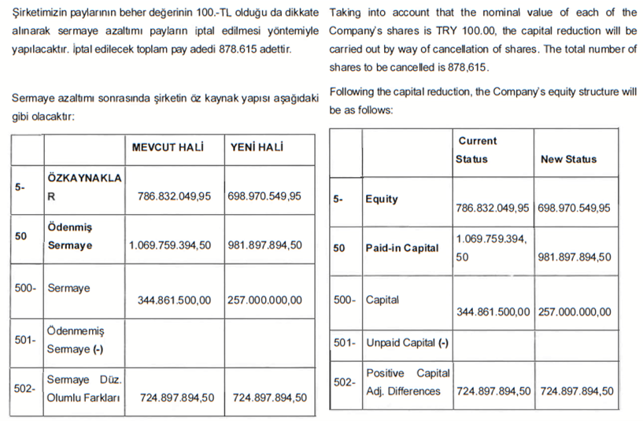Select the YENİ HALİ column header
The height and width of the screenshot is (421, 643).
point(257,148)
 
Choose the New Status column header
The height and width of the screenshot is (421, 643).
point(568,159)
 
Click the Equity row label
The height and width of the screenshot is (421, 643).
point(382,199)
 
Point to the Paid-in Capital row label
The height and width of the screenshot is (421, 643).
point(402,248)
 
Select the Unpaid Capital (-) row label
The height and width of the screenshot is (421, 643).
point(407,342)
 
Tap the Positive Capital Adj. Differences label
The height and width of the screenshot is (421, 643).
point(408,382)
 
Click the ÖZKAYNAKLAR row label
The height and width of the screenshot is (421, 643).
point(84,186)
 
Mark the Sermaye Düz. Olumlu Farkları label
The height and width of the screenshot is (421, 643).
point(83,389)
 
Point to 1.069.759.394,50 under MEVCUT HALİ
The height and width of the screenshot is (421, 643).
point(170,245)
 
